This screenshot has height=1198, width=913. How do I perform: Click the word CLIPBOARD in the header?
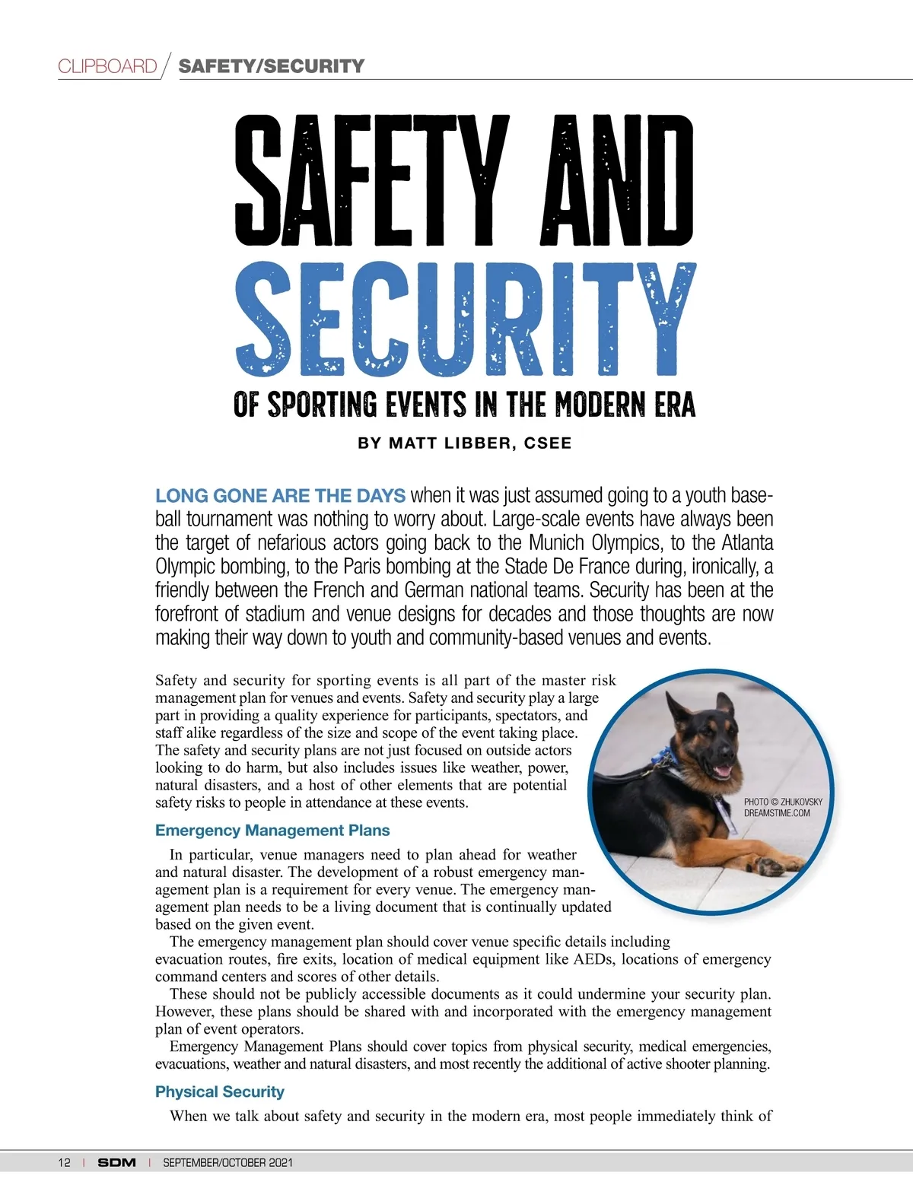click(107, 66)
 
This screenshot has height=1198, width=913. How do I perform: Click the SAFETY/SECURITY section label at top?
click(271, 66)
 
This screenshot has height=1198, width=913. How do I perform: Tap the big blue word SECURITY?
click(465, 320)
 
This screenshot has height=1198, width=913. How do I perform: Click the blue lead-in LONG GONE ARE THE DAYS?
click(280, 496)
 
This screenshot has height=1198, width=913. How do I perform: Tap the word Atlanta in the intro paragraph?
click(746, 543)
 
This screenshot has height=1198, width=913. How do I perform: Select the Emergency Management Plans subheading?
click(272, 831)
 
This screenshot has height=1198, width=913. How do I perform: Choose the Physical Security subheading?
click(220, 1092)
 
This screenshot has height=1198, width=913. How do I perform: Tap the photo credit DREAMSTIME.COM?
click(777, 813)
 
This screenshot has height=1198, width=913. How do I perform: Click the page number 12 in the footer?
click(64, 1162)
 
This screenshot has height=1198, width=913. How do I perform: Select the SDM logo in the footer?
click(116, 1162)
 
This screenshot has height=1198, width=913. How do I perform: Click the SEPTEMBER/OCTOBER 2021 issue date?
click(227, 1162)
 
